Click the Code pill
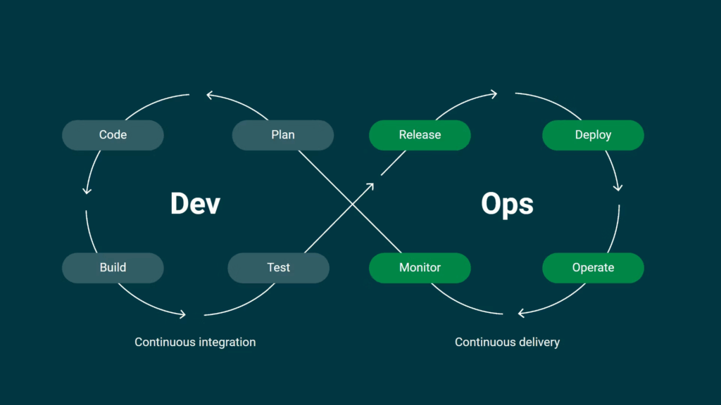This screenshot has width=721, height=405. click(x=113, y=135)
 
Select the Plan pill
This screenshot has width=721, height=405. click(x=282, y=135)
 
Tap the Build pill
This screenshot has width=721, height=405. click(x=113, y=268)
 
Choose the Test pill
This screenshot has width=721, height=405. click(x=279, y=268)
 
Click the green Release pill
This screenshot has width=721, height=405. click(x=420, y=135)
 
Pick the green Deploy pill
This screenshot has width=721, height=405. click(x=593, y=135)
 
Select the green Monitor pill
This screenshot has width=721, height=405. click(x=420, y=268)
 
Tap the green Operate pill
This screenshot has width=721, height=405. click(x=593, y=268)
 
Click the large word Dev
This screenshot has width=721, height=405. click(x=195, y=204)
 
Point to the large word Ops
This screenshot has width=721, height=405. click(x=507, y=204)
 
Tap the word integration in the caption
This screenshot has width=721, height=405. click(x=227, y=342)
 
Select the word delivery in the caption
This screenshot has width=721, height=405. click(x=538, y=342)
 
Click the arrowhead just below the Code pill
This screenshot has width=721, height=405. click(x=87, y=189)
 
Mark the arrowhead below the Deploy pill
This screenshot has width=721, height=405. click(x=618, y=186)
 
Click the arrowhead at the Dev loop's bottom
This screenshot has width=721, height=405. click(x=182, y=314)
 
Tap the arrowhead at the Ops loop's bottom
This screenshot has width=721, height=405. click(x=521, y=313)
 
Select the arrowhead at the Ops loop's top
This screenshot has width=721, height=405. click(x=494, y=94)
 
